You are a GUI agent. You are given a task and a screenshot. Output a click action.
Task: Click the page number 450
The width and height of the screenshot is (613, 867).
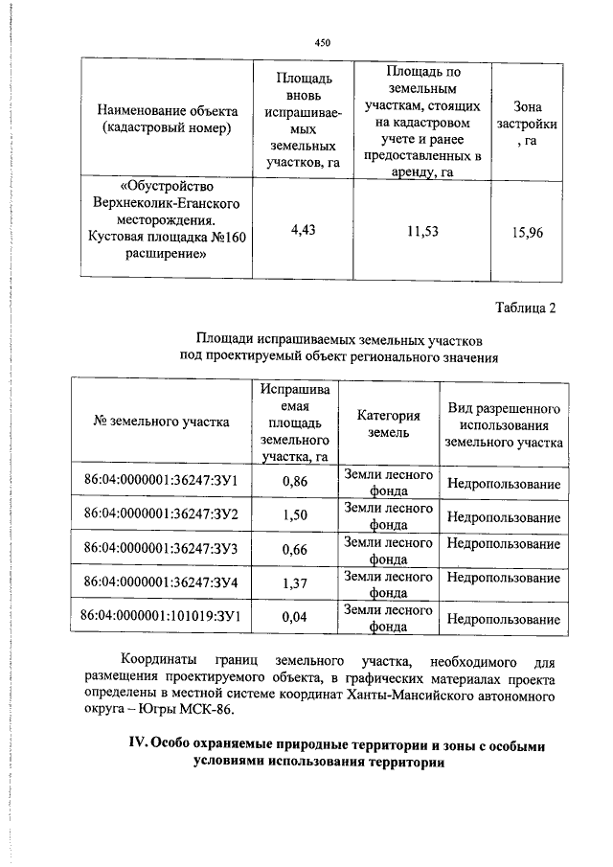coord(323,42)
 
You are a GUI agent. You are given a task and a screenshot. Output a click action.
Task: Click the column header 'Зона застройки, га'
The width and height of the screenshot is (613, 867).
coord(528,123)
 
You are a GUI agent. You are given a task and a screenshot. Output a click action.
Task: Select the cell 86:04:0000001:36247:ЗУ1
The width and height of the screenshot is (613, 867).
coord(161,482)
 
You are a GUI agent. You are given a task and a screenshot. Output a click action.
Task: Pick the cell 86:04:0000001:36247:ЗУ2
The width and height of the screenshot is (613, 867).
coord(161,514)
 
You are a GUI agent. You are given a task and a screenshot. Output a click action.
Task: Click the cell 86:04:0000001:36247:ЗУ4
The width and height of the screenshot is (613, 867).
coord(161,581)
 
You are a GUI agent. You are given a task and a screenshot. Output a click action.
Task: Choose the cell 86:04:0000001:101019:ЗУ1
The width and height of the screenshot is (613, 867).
coord(161,615)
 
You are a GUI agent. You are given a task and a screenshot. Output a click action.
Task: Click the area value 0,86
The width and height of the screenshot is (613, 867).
coord(295,482)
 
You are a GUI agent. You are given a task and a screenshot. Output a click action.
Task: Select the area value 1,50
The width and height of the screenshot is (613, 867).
coord(295,514)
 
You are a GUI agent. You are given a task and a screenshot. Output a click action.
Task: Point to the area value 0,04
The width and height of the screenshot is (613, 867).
coord(295,616)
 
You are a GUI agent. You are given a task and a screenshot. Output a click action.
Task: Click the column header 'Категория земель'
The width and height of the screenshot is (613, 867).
coord(389,423)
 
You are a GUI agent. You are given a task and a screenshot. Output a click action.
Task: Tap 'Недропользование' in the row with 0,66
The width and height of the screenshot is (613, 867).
coord(503,544)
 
